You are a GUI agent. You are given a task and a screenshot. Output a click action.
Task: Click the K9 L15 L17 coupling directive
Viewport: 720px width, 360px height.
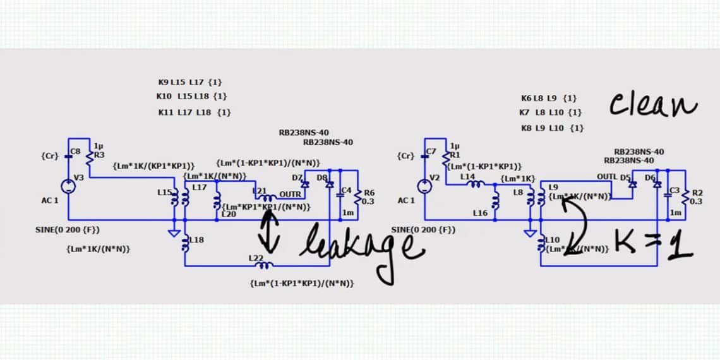click(x=190, y=82)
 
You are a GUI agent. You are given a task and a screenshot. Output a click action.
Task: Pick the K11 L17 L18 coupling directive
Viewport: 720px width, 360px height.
click(x=194, y=112)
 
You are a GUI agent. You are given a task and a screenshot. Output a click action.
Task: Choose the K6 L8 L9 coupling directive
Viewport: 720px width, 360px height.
click(x=548, y=99)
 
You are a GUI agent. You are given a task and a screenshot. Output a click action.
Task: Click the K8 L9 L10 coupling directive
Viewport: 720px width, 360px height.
click(x=552, y=128)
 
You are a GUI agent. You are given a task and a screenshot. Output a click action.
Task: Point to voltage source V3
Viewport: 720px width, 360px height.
click(x=69, y=186)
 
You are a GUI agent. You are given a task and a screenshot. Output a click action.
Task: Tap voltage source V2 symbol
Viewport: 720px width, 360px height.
click(x=424, y=186)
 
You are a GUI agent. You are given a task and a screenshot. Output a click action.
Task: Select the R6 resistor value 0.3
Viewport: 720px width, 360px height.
click(x=369, y=201)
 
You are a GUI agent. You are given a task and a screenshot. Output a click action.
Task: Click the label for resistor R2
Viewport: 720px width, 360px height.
click(x=697, y=193)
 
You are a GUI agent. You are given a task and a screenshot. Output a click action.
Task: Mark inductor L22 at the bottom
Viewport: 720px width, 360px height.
click(x=261, y=265)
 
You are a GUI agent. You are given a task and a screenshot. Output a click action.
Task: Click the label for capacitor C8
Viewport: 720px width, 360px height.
click(x=76, y=152)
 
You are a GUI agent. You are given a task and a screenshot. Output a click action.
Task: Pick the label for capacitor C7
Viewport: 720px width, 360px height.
click(x=431, y=152)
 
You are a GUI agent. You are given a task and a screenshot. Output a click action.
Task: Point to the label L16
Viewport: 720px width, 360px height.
click(x=479, y=214)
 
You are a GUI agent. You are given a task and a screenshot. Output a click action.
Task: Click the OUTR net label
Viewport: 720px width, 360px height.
click(x=290, y=194)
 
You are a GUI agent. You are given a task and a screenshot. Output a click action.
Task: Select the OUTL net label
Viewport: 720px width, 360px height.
click(x=607, y=176)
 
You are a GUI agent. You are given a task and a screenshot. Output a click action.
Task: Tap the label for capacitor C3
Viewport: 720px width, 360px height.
click(x=675, y=189)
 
